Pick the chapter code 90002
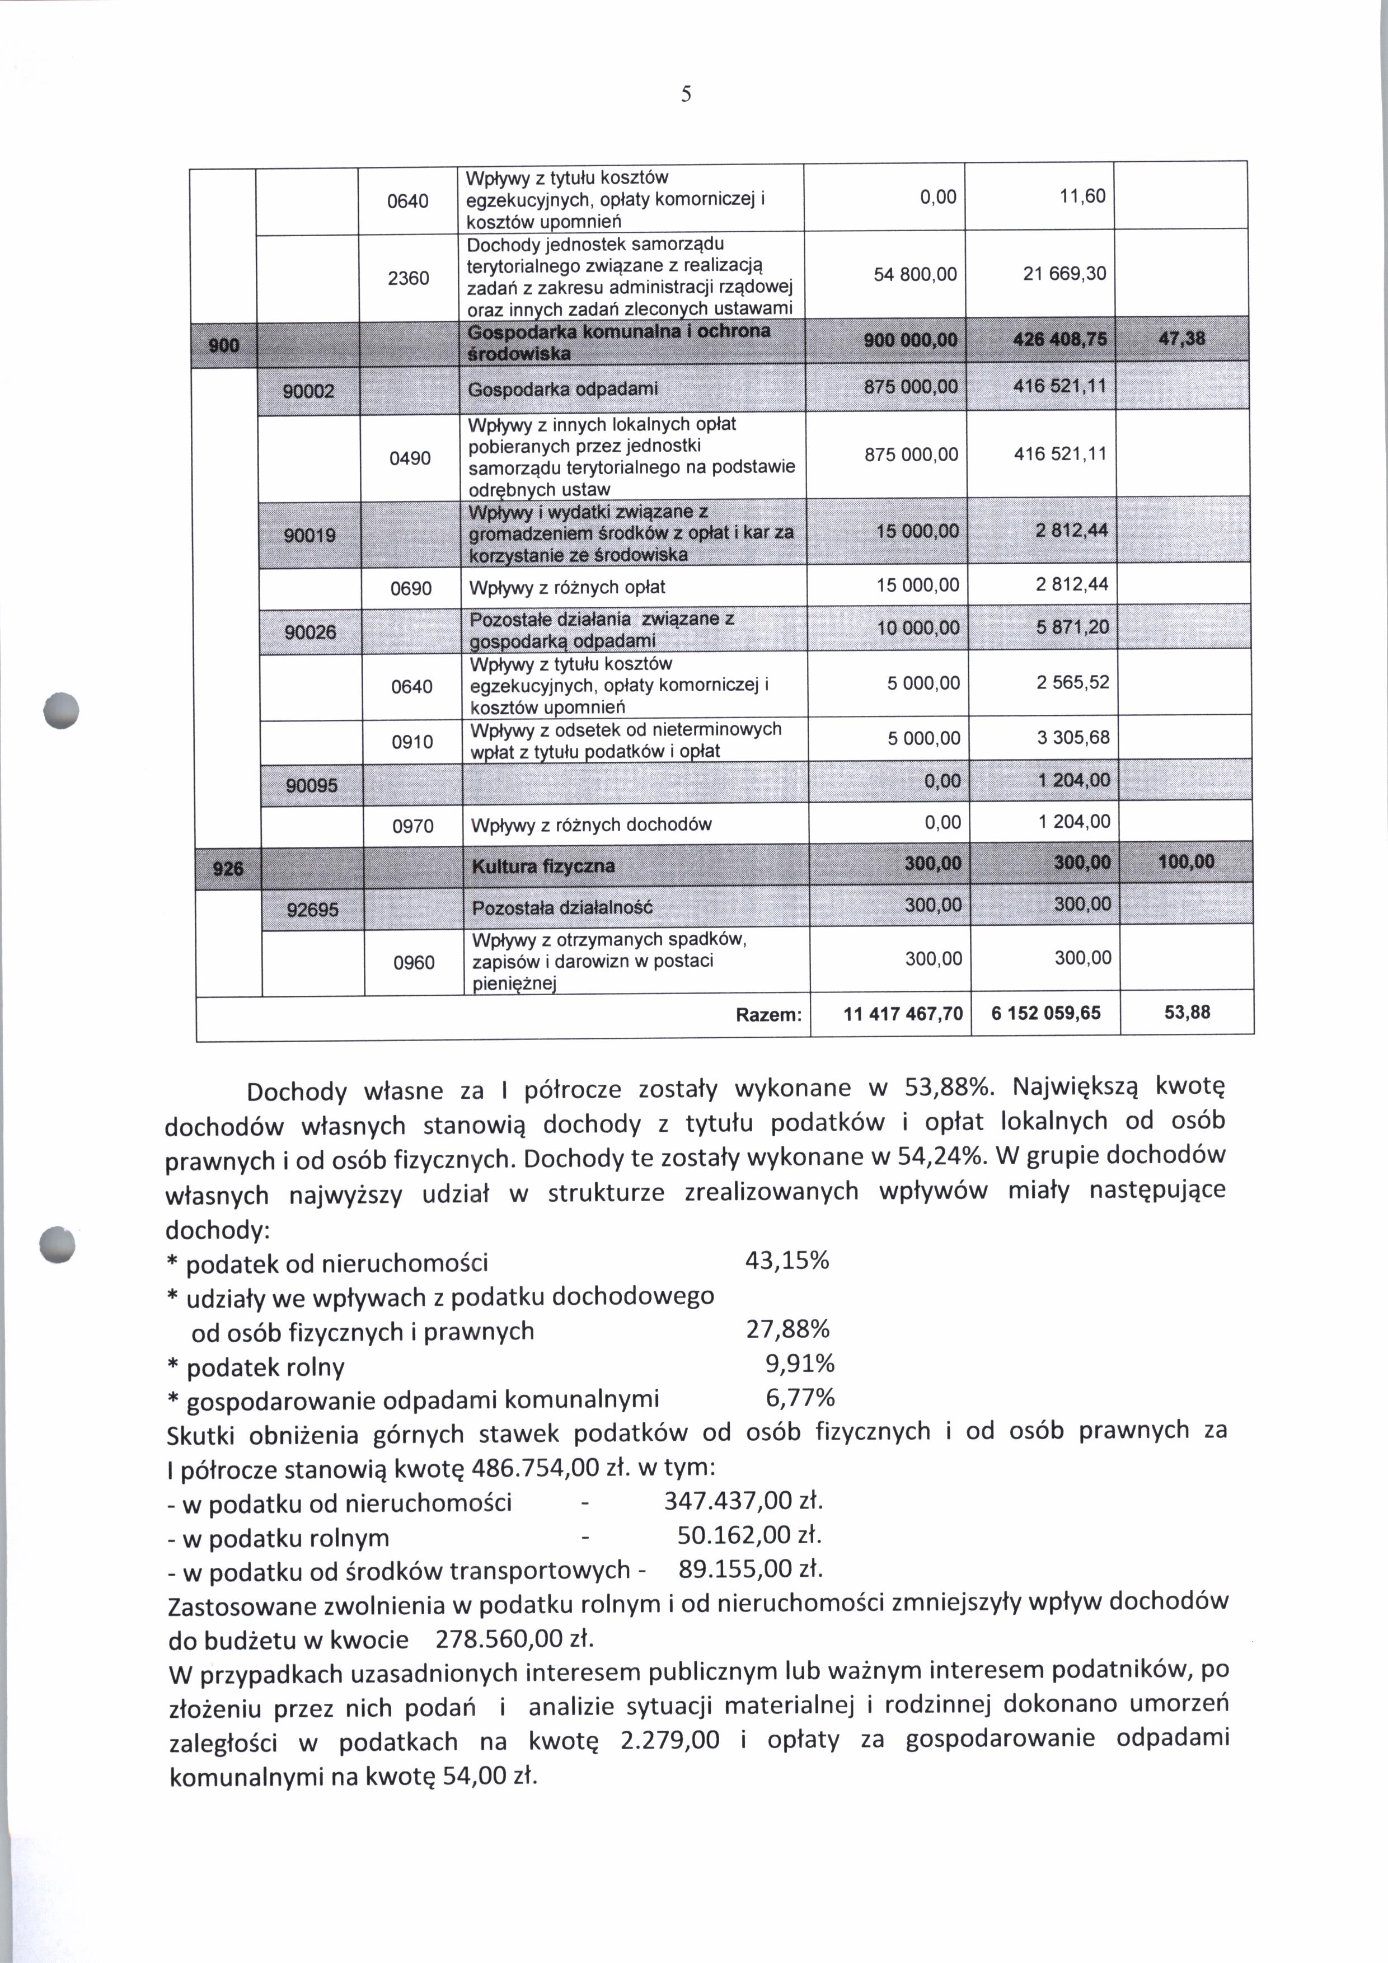click(x=310, y=392)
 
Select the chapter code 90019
click(x=310, y=535)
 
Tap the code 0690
click(x=411, y=589)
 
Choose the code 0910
click(x=412, y=741)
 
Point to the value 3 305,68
click(x=1073, y=737)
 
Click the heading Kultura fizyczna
click(x=543, y=866)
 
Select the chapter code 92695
click(x=312, y=910)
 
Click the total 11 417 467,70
click(x=903, y=1014)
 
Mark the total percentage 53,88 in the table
click(x=1187, y=1012)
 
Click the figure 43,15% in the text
click(x=786, y=1261)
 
